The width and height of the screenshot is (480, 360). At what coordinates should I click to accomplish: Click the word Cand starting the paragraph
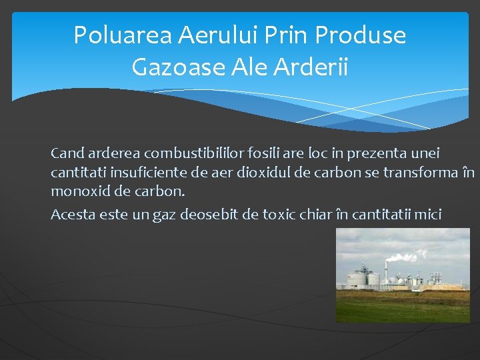[x=66, y=153]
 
